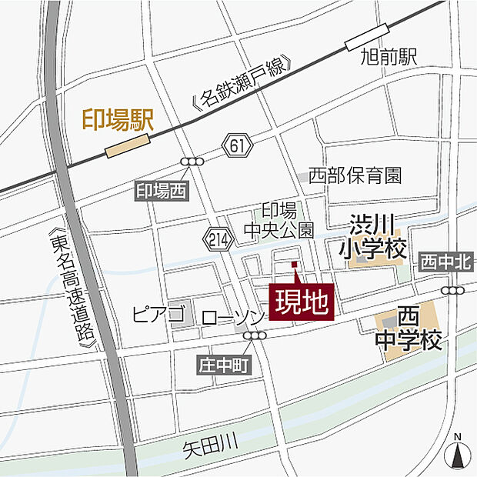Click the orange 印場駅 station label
[x=118, y=119]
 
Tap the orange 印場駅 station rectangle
[x=127, y=145]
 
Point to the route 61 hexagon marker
[x=238, y=143]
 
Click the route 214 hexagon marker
[x=218, y=239]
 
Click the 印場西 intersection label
[x=161, y=192]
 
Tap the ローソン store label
[x=233, y=317]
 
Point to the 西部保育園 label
[x=355, y=175]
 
